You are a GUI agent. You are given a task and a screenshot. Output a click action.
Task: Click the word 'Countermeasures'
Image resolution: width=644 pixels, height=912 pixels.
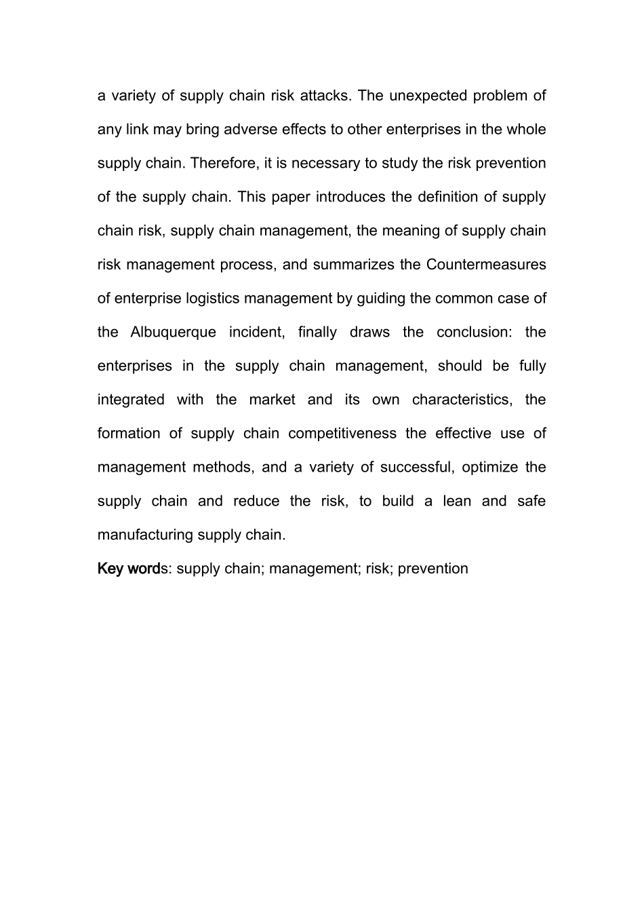click(486, 265)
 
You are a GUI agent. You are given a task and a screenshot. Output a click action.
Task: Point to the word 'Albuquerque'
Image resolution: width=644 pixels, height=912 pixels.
click(174, 332)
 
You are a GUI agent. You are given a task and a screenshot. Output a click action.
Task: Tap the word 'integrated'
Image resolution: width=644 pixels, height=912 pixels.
click(131, 400)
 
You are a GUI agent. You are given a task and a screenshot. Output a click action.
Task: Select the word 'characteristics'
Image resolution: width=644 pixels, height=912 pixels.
click(461, 400)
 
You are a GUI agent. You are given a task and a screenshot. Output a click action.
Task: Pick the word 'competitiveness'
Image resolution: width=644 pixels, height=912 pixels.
click(342, 434)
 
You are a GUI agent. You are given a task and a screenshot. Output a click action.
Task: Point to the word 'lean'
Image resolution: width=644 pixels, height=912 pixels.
click(457, 501)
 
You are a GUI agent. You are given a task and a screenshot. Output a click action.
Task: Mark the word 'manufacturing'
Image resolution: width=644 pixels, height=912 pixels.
click(145, 535)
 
